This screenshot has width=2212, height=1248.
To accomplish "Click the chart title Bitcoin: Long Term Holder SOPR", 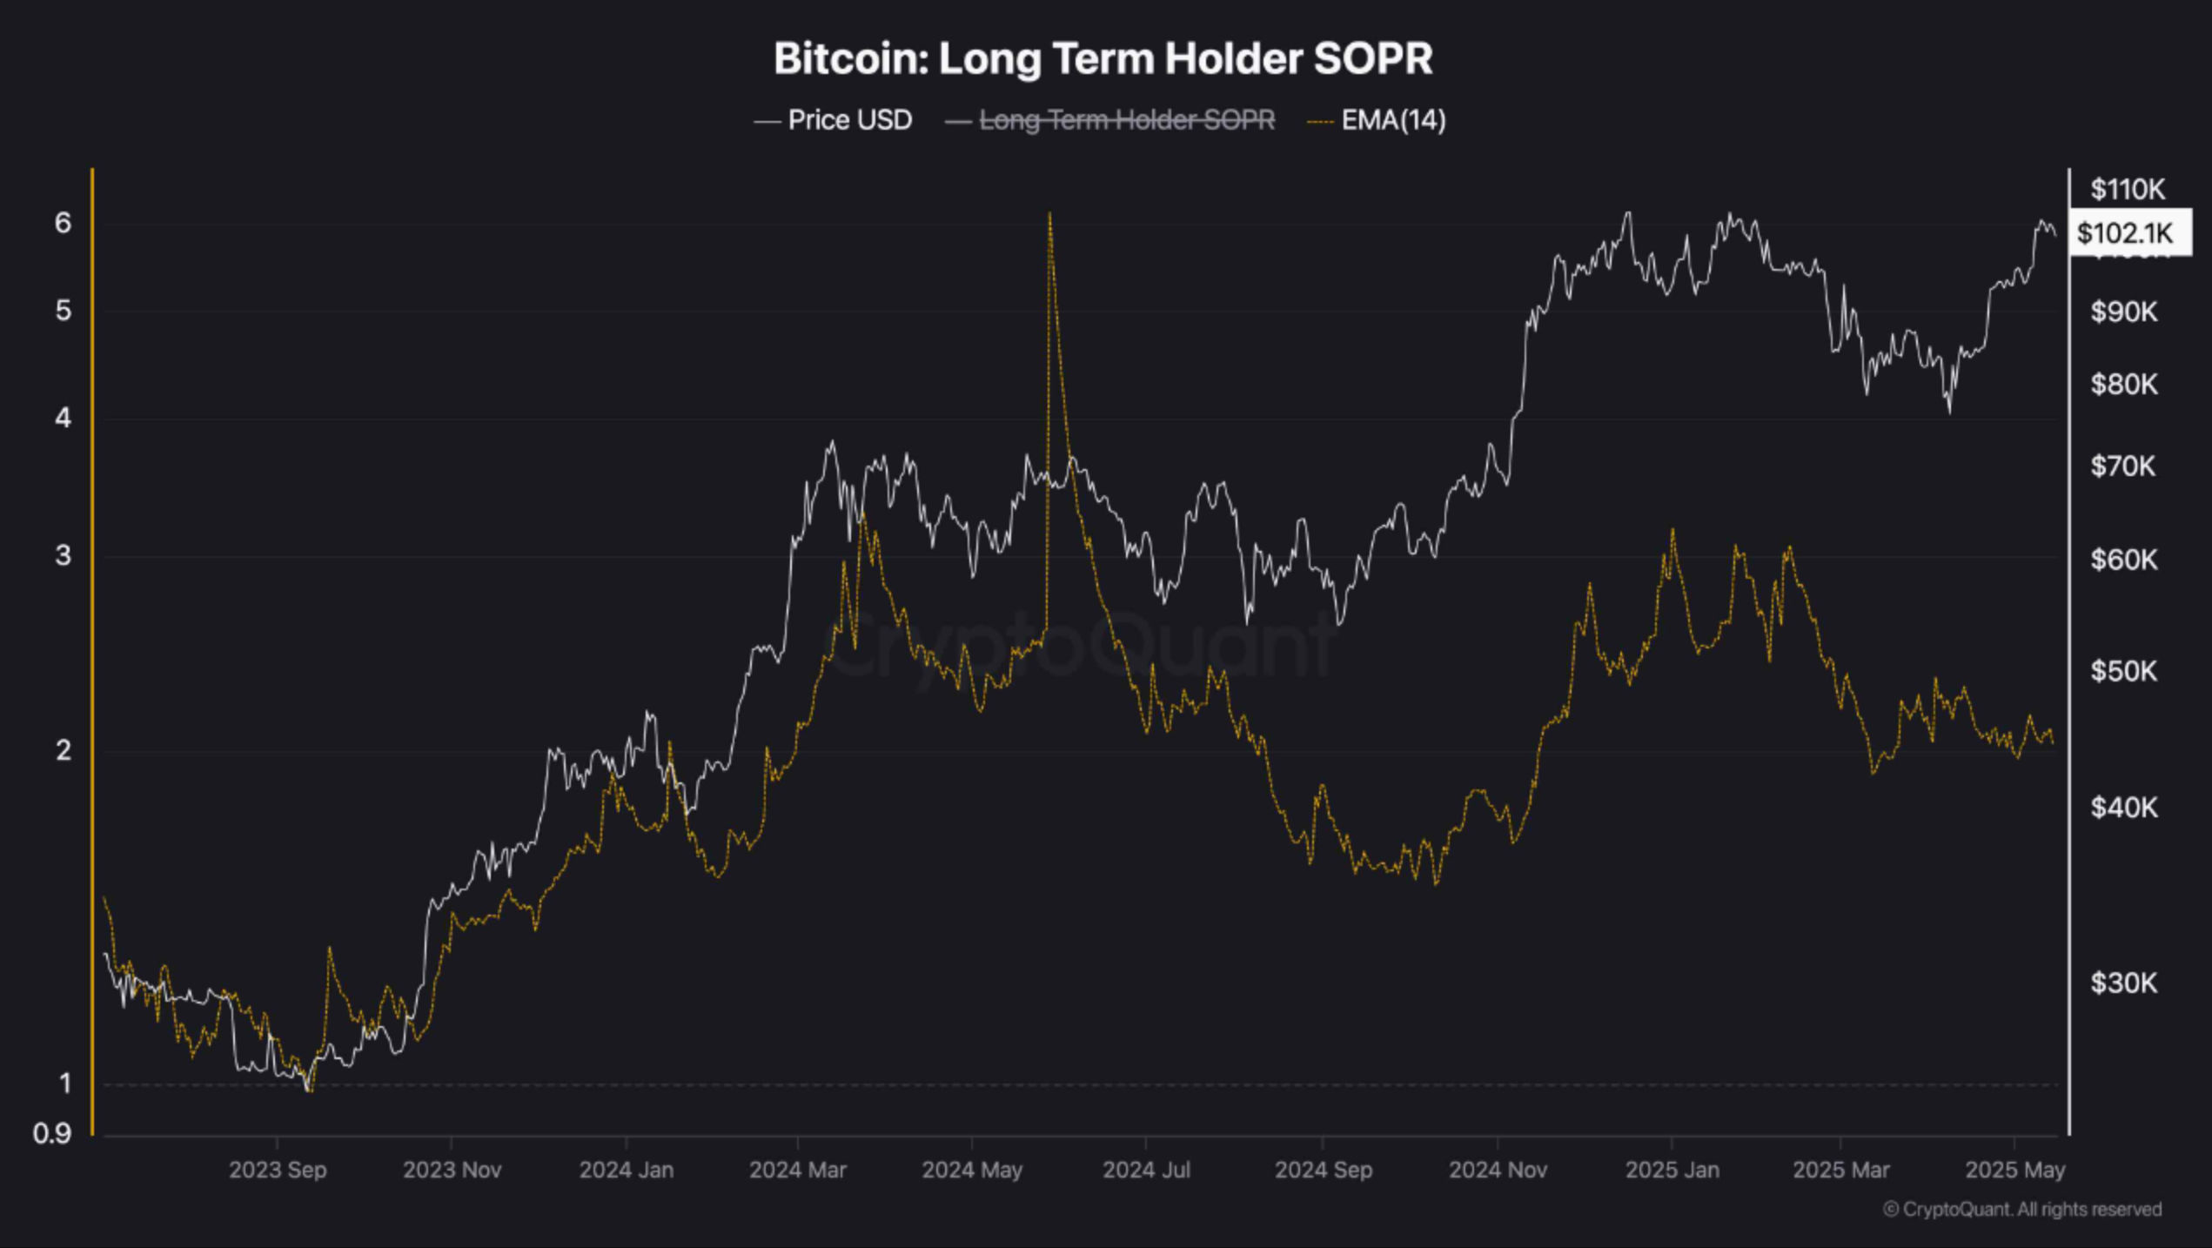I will pyautogui.click(x=1103, y=58).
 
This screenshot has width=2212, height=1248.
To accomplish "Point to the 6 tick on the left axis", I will pyautogui.click(x=63, y=223).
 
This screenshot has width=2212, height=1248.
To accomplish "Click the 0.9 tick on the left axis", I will pyautogui.click(x=52, y=1133).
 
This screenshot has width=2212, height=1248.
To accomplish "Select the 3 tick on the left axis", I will pyautogui.click(x=63, y=555).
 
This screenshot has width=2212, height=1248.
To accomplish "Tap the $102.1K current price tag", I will pyautogui.click(x=2124, y=232).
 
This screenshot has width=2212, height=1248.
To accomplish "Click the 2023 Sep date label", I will pyautogui.click(x=278, y=1170).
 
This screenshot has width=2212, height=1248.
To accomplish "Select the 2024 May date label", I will pyautogui.click(x=971, y=1170).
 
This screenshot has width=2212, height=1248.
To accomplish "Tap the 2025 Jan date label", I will pyautogui.click(x=1671, y=1170).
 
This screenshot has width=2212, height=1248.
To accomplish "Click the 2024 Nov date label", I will pyautogui.click(x=1497, y=1170).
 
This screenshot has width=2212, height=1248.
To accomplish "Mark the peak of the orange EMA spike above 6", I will pyautogui.click(x=1049, y=214).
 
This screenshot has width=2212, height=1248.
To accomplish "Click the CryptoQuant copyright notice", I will pyautogui.click(x=2021, y=1209).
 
